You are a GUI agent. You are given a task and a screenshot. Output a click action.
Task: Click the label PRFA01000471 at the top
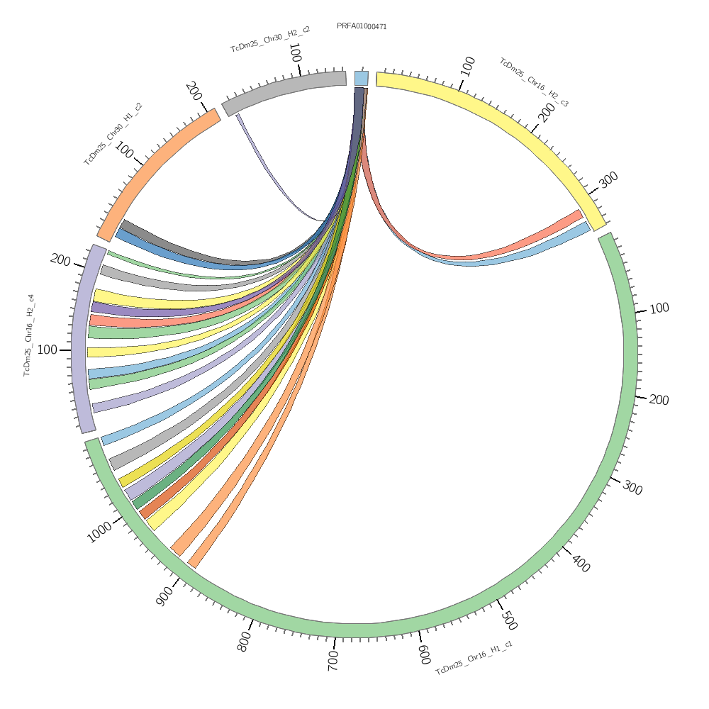pos(362,27)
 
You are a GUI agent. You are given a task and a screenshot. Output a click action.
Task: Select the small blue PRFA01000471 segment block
pos(361,78)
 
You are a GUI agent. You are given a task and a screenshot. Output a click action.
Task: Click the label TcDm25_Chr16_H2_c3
pos(534,82)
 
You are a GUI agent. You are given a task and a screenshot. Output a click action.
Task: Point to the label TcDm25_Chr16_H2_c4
pos(29,335)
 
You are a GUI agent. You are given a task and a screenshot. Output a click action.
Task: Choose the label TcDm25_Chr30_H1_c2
pos(113,134)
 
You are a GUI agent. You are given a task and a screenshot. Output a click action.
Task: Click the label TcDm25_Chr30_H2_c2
pos(270,40)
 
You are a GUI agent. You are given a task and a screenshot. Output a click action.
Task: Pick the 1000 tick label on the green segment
pos(99,532)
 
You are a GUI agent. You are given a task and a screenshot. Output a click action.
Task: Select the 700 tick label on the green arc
pos(333,659)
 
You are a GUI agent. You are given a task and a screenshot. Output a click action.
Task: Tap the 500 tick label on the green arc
pos(508,619)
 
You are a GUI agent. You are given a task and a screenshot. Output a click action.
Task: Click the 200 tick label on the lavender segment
pos(60,259)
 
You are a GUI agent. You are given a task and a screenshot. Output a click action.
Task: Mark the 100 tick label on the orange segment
pos(125,150)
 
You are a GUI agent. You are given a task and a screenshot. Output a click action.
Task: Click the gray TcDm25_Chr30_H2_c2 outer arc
pos(284,89)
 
